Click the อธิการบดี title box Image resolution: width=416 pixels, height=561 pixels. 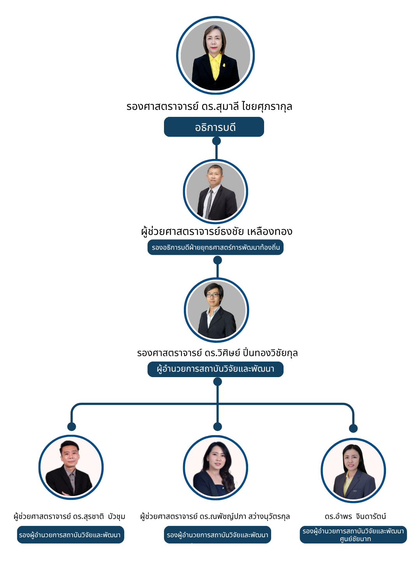(x=214, y=127)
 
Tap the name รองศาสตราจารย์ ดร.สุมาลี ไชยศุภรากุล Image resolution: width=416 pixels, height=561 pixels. (x=209, y=106)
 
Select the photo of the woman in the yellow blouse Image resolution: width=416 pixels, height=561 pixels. (x=215, y=55)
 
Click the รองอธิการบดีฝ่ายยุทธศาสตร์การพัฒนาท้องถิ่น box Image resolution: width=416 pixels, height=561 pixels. (x=215, y=247)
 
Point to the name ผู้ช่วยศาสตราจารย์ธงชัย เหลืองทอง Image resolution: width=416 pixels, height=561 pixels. (x=217, y=231)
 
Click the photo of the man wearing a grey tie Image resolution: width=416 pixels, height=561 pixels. (x=215, y=192)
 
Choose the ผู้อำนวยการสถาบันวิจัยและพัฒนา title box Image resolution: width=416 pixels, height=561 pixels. (x=215, y=369)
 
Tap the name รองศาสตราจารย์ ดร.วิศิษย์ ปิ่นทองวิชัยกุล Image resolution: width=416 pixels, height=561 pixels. (x=217, y=353)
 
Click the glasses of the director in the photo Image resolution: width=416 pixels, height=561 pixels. (x=213, y=295)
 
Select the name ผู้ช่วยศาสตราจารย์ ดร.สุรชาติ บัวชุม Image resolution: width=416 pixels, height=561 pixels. (x=69, y=517)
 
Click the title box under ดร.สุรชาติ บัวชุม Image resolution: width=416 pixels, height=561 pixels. (x=71, y=535)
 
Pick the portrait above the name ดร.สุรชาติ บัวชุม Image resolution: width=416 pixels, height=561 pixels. (x=71, y=467)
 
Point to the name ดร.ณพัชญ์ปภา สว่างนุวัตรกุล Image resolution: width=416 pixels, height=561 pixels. (x=215, y=517)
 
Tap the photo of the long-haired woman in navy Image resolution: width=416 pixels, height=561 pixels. (x=215, y=467)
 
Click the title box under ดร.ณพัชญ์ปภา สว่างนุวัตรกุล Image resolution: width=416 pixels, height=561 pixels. (x=217, y=535)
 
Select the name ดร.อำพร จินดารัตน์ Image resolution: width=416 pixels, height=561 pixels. (x=355, y=517)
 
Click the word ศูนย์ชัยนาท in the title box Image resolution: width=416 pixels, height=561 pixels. (x=355, y=539)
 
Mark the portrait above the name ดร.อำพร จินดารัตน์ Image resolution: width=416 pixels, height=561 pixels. (x=353, y=471)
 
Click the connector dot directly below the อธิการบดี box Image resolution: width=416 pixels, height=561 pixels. (x=217, y=141)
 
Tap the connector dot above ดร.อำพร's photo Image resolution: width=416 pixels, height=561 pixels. (x=353, y=429)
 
